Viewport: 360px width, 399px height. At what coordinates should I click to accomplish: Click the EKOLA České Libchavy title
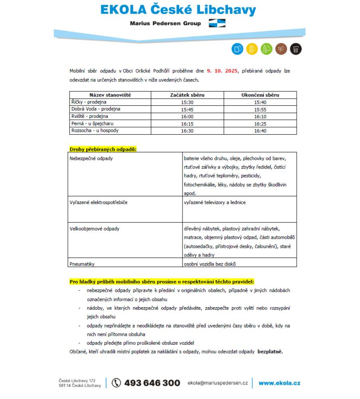pyautogui.click(x=178, y=10)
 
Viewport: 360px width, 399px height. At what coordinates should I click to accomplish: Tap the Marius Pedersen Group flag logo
pyautogui.click(x=217, y=23)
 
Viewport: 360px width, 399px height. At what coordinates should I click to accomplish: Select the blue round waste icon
pyautogui.click(x=237, y=49)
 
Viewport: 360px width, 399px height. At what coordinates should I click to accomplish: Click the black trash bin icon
pyautogui.click(x=296, y=49)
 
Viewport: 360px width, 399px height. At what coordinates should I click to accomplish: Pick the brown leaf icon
pyautogui.click(x=281, y=49)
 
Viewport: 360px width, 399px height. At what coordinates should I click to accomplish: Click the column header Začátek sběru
pyautogui.click(x=187, y=95)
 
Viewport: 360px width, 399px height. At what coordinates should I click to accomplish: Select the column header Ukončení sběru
pyautogui.click(x=260, y=95)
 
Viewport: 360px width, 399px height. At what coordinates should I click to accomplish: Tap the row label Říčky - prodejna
pyautogui.click(x=86, y=102)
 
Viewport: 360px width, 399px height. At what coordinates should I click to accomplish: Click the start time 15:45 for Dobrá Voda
pyautogui.click(x=187, y=109)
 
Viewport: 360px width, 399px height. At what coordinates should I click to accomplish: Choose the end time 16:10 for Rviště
pyautogui.click(x=260, y=117)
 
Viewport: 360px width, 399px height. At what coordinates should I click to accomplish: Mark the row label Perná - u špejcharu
pyautogui.click(x=92, y=124)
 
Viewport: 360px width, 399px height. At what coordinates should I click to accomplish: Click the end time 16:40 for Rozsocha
pyautogui.click(x=260, y=131)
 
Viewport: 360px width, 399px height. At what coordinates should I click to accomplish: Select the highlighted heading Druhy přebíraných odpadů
pyautogui.click(x=103, y=149)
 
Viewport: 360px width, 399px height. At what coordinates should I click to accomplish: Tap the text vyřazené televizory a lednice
pyautogui.click(x=215, y=202)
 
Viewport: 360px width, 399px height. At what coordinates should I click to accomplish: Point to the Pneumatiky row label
pyautogui.click(x=82, y=264)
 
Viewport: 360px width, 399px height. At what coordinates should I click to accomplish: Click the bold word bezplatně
pyautogui.click(x=270, y=352)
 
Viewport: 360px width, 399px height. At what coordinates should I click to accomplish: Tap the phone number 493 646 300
pyautogui.click(x=152, y=383)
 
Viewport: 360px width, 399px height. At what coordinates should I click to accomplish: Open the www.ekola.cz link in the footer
pyautogui.click(x=279, y=383)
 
